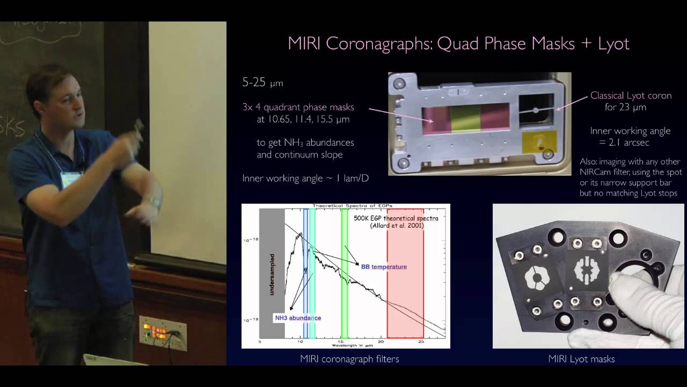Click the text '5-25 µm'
(262, 83)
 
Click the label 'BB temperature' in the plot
(384, 267)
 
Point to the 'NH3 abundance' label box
(298, 318)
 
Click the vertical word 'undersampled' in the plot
(273, 274)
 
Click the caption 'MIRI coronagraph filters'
(349, 359)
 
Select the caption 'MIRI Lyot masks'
(581, 359)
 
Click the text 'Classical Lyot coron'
(631, 96)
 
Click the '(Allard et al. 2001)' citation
(397, 226)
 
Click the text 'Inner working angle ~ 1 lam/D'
(305, 178)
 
